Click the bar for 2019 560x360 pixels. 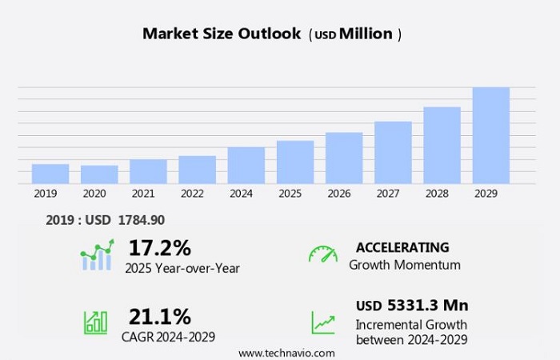(x=50, y=174)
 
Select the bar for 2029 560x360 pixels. (x=490, y=135)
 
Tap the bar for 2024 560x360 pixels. (x=246, y=165)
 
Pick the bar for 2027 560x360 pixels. (x=393, y=152)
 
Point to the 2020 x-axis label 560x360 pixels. (x=94, y=194)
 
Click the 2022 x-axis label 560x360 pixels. (x=192, y=194)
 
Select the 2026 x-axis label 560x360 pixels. (x=338, y=194)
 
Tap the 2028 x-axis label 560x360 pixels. (x=437, y=194)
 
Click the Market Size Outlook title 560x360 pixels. (x=222, y=34)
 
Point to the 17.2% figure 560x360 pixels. (x=159, y=248)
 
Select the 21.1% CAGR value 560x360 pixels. (x=159, y=316)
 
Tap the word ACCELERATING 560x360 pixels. (x=402, y=247)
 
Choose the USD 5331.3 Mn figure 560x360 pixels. (x=412, y=306)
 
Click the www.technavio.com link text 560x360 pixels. (x=286, y=353)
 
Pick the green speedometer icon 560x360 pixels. (x=322, y=254)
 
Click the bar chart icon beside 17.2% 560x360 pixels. (x=96, y=256)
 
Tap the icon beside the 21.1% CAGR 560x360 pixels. (x=95, y=322)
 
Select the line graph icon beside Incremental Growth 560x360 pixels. (x=323, y=322)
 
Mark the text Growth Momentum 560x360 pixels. (x=404, y=265)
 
